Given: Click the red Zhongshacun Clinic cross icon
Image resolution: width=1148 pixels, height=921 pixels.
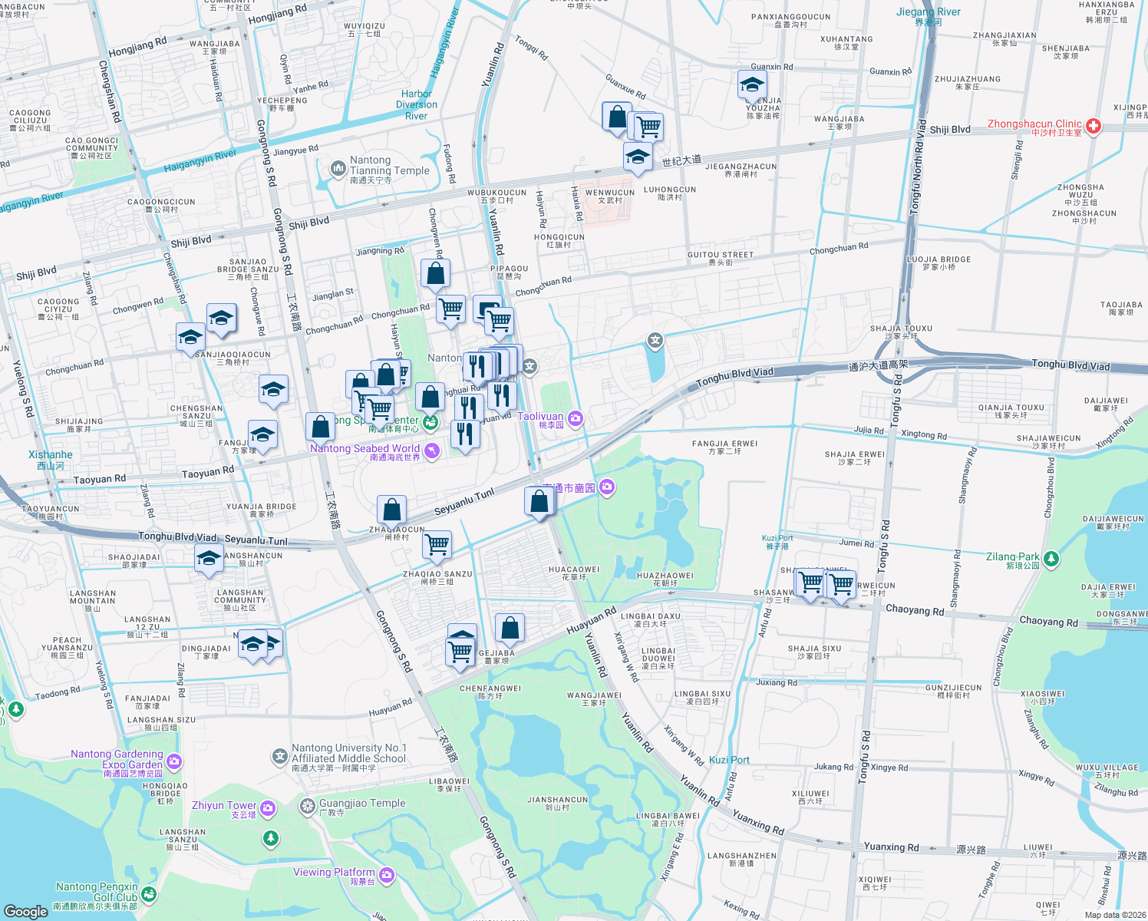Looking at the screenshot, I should (x=1094, y=126).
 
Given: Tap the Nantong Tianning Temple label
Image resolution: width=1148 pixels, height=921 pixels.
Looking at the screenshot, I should (x=389, y=170).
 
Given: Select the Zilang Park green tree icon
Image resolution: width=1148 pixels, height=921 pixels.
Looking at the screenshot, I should (x=1051, y=559).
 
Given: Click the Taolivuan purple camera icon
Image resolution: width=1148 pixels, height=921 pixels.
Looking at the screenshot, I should (x=576, y=418).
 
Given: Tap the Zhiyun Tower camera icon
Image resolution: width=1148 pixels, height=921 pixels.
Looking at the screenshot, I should (x=268, y=807).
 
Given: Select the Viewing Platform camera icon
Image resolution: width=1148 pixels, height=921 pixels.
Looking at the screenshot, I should (x=387, y=874).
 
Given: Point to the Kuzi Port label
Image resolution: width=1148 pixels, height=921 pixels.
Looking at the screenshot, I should (x=729, y=760).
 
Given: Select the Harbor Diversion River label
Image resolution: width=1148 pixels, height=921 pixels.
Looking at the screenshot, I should (x=417, y=105).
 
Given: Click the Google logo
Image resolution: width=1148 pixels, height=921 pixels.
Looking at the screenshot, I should (x=26, y=911).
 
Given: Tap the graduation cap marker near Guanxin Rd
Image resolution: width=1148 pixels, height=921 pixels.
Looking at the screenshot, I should (x=752, y=84).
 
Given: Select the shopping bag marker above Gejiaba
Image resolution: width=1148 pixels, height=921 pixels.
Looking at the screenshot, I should (x=510, y=629).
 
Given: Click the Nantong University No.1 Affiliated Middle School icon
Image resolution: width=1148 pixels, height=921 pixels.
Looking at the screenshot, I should (x=279, y=757).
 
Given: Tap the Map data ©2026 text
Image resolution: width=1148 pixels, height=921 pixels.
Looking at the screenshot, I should (x=1114, y=914).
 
